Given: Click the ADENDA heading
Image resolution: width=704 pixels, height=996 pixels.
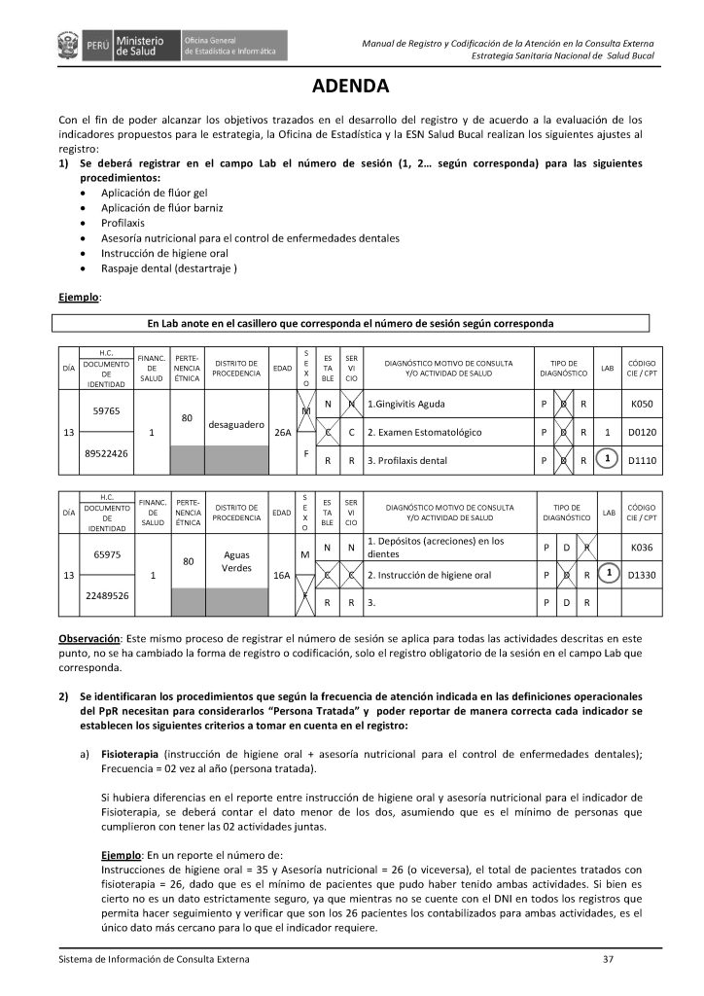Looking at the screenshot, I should [351, 85].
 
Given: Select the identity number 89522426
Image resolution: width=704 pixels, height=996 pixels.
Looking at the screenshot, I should [106, 453].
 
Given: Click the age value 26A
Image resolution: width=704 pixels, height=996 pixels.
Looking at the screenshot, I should [283, 432].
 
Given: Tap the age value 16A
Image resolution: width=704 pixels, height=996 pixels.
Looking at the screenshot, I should [283, 576].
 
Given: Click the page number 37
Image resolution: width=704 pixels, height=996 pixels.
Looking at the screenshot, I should [608, 960].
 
